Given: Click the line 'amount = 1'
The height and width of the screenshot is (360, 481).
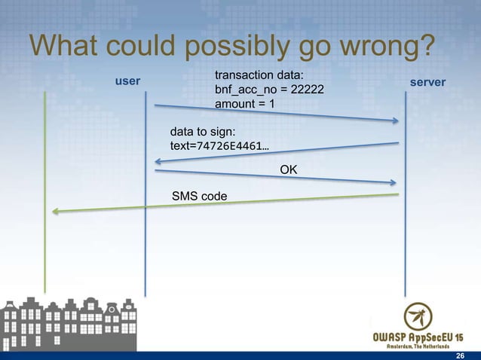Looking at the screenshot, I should pyautogui.click(x=245, y=103).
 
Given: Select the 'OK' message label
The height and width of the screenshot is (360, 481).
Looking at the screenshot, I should pyautogui.click(x=288, y=170).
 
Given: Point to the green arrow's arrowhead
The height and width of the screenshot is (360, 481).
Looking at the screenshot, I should pyautogui.click(x=55, y=212).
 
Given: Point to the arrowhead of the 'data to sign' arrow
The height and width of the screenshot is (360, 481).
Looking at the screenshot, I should pyautogui.click(x=158, y=160).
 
